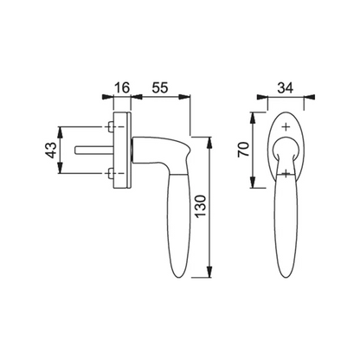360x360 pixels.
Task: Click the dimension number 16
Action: (122, 87)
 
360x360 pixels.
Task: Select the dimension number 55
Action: (159, 87)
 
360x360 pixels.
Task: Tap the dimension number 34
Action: (286, 87)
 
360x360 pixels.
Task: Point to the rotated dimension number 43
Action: (52, 150)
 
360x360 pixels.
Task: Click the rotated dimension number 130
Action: (201, 207)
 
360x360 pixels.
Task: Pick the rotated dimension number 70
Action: (243, 149)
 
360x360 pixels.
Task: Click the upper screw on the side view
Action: (110, 126)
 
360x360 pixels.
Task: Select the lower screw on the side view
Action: (110, 173)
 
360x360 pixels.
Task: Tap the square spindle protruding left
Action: (94, 151)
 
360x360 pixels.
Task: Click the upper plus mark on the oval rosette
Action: (286, 127)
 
